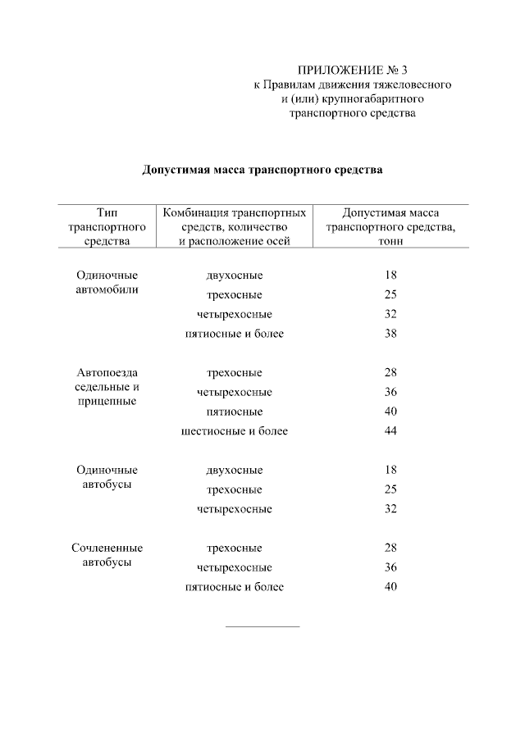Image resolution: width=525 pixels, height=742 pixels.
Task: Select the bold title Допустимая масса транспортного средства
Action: (262, 171)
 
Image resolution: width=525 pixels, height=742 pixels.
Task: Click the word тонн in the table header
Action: (390, 242)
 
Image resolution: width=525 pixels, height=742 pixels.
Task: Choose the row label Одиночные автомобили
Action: (107, 282)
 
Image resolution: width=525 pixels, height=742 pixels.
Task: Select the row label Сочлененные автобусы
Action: (107, 555)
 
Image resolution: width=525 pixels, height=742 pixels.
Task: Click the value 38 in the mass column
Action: (390, 334)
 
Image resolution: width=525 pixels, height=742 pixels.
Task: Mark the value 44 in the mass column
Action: (390, 430)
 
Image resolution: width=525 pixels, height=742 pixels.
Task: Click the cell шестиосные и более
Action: (235, 430)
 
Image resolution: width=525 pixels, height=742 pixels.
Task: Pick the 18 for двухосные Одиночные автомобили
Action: (390, 275)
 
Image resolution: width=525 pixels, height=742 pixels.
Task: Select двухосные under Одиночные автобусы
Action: (235, 471)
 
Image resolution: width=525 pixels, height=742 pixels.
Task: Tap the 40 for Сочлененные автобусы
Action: (390, 586)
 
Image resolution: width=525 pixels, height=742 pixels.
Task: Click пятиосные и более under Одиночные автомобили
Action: (235, 334)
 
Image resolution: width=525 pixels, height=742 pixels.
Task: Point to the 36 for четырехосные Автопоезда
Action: (390, 392)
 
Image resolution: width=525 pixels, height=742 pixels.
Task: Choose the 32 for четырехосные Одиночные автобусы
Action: (390, 509)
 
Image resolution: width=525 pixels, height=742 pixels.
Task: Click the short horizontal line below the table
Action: (262, 627)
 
